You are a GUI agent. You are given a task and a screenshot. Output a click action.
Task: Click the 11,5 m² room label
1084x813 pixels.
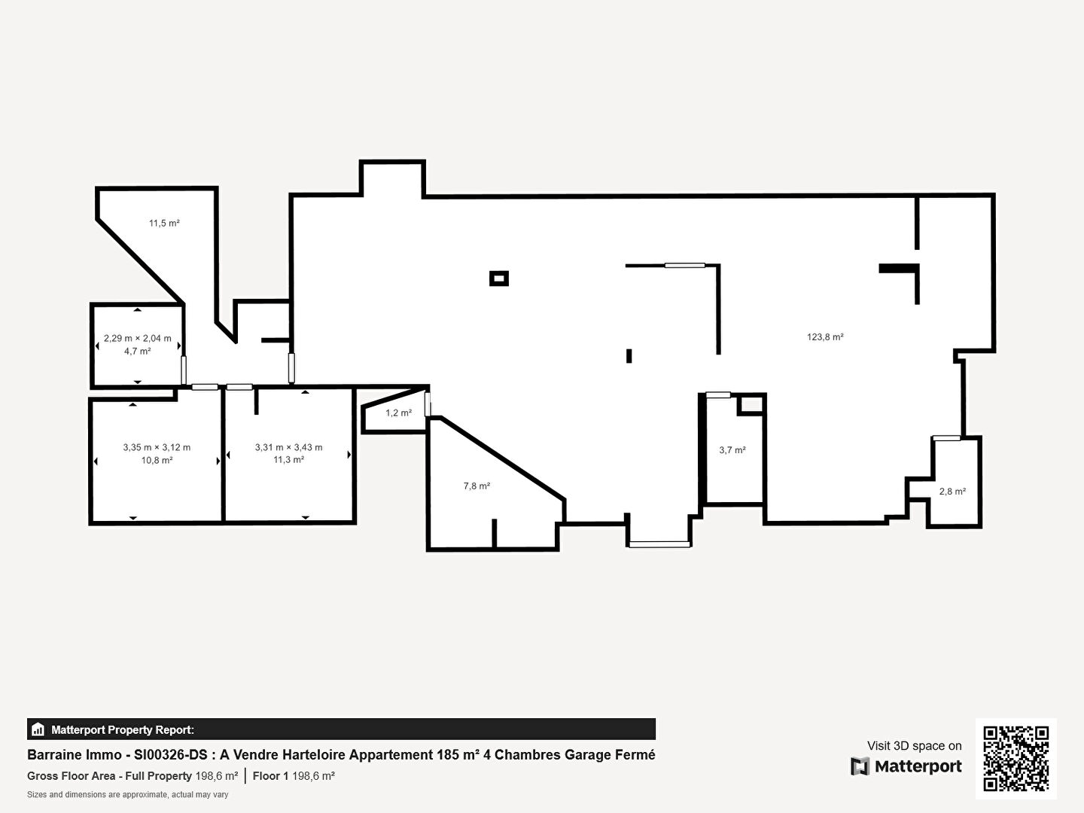[164, 223]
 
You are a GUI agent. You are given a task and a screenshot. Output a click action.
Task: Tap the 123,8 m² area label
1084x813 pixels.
[825, 337]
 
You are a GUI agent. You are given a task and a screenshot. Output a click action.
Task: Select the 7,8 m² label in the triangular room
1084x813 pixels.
[477, 486]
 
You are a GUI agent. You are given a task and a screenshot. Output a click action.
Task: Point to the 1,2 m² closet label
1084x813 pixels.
[398, 413]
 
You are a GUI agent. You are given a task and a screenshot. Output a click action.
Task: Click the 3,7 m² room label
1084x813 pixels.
[732, 450]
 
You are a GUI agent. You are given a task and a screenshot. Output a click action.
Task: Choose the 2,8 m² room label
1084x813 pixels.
[952, 491]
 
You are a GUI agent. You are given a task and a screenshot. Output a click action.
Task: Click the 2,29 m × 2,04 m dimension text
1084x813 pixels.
[137, 338]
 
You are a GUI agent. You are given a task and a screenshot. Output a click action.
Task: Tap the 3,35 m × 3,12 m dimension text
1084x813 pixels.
[157, 447]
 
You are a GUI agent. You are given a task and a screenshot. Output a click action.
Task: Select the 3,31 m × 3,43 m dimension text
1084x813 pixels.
[289, 447]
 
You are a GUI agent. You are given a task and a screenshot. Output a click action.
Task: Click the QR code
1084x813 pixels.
[1015, 759]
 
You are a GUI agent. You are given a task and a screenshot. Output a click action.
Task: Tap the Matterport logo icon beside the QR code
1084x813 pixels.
[860, 766]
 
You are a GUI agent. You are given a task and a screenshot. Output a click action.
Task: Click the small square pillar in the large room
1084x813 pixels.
[499, 279]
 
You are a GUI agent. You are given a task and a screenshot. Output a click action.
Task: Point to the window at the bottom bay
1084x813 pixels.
[659, 544]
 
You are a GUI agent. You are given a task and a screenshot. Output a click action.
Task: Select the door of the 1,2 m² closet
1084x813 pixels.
[428, 404]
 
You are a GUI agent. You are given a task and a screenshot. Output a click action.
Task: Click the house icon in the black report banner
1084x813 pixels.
[38, 729]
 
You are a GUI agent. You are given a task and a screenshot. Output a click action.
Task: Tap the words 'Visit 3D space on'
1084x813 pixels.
[914, 746]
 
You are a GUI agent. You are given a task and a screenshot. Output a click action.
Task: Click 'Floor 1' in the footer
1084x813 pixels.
[270, 776]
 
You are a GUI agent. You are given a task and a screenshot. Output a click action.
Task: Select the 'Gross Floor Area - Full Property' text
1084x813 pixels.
[109, 776]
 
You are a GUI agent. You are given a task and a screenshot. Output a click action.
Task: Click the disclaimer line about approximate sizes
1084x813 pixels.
[127, 795]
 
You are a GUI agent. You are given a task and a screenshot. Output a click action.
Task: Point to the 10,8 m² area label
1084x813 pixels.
[157, 460]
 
